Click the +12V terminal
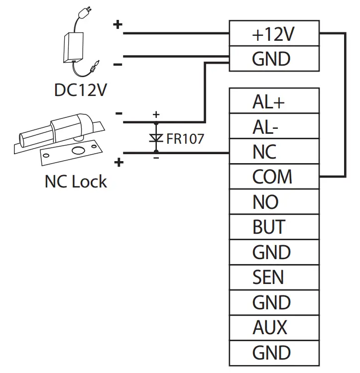click(x=273, y=34)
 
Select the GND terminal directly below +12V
click(x=273, y=59)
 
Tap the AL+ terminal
click(x=273, y=102)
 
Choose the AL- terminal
click(x=273, y=127)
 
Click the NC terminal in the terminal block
click(x=273, y=152)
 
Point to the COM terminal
click(x=273, y=177)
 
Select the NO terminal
click(x=273, y=202)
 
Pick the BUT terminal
click(x=273, y=227)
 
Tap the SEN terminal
click(x=273, y=277)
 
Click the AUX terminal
click(x=273, y=327)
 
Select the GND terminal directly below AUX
click(x=273, y=353)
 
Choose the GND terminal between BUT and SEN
click(x=273, y=252)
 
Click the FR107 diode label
click(x=185, y=139)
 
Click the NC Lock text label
click(x=76, y=182)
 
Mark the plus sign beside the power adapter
click(x=118, y=24)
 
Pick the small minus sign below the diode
click(x=156, y=158)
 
